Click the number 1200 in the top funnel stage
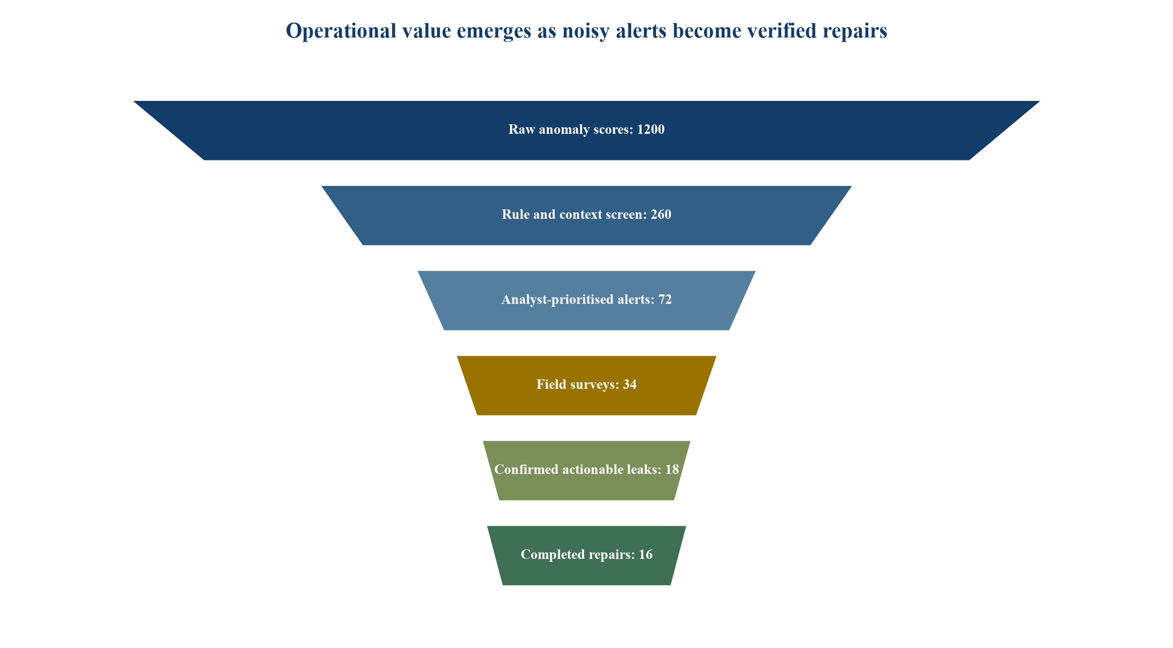651,130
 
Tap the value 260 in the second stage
661,215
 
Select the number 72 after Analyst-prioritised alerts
665,300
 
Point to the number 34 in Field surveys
630,385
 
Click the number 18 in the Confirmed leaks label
672,470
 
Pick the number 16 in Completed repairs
646,555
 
